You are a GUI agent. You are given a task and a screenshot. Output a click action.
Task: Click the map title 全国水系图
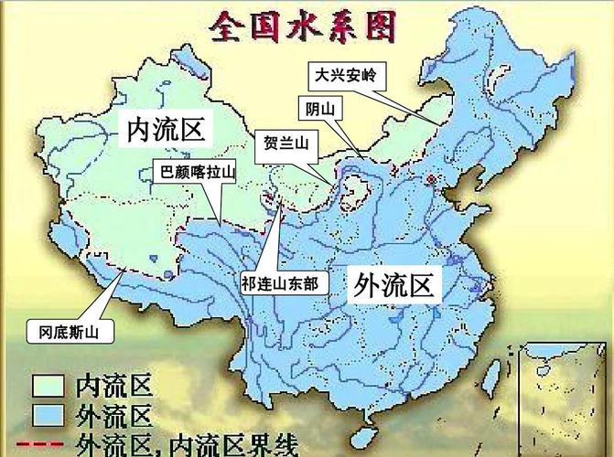(304, 27)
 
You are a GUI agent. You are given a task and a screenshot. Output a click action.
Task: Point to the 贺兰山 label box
(284, 143)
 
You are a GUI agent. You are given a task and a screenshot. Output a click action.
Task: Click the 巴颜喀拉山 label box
(198, 171)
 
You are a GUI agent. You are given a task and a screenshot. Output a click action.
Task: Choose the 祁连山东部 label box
(280, 283)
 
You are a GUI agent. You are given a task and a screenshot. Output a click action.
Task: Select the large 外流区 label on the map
(393, 286)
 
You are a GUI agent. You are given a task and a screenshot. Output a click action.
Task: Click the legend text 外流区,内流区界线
(188, 444)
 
